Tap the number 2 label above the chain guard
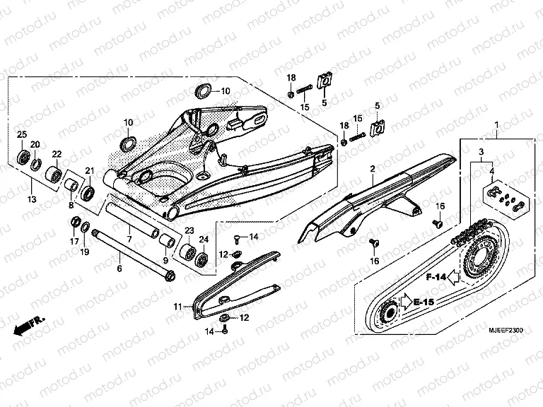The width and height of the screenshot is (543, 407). pyautogui.click(x=370, y=169)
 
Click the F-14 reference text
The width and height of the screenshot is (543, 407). pyautogui.click(x=436, y=278)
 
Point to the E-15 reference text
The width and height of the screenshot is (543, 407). pyautogui.click(x=424, y=302)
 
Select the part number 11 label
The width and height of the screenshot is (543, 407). pyautogui.click(x=178, y=306)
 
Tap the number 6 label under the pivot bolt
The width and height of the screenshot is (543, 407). pyautogui.click(x=119, y=269)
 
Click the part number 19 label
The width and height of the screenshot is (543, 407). pyautogui.click(x=83, y=251)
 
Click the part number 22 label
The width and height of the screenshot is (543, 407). pyautogui.click(x=57, y=153)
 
